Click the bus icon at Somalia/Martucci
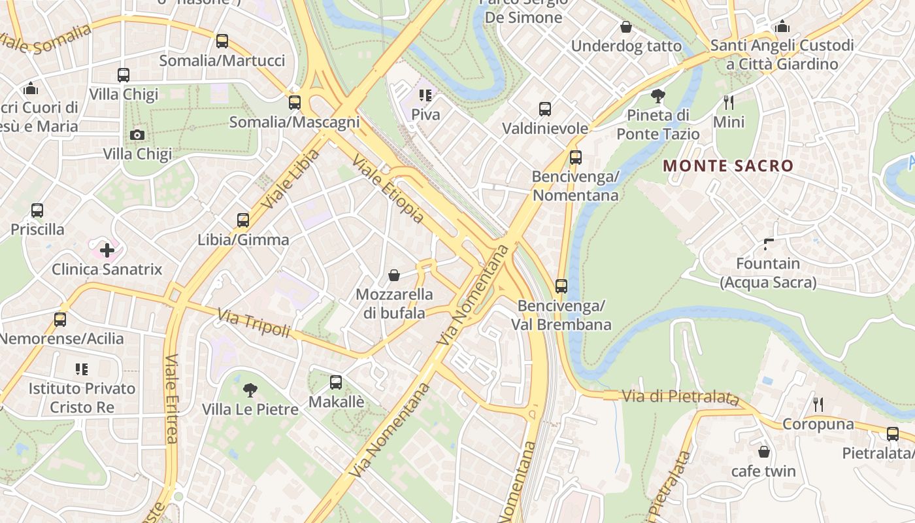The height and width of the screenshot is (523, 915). coord(222,41)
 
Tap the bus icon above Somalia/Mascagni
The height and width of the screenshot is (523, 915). coord(295,103)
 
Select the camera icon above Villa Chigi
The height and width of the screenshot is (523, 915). coord(137,135)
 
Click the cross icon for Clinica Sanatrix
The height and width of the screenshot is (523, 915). coord(107,250)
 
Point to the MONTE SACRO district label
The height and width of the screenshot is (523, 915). coord(728,166)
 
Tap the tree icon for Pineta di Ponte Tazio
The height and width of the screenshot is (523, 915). coord(658,96)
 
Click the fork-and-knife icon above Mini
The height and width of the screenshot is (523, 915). coord(729,103)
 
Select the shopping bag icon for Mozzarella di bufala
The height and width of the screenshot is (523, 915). coord(394,275)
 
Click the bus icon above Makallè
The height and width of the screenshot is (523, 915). coord(336,382)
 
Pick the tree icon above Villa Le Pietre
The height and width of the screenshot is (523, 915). coord(250,390)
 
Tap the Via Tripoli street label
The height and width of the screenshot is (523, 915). coord(254,324)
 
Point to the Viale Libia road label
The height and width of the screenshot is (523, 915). coord(291,178)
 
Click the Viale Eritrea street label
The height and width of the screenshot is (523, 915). coord(172,399)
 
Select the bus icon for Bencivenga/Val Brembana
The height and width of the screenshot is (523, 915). coord(561,286)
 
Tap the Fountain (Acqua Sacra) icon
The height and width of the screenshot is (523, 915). coord(769,245)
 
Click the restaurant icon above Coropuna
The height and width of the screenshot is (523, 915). coord(818,405)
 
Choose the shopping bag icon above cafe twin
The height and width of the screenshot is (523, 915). coord(763,452)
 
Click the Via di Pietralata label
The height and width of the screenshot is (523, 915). coord(680,397)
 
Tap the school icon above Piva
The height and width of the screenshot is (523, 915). coord(425,95)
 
